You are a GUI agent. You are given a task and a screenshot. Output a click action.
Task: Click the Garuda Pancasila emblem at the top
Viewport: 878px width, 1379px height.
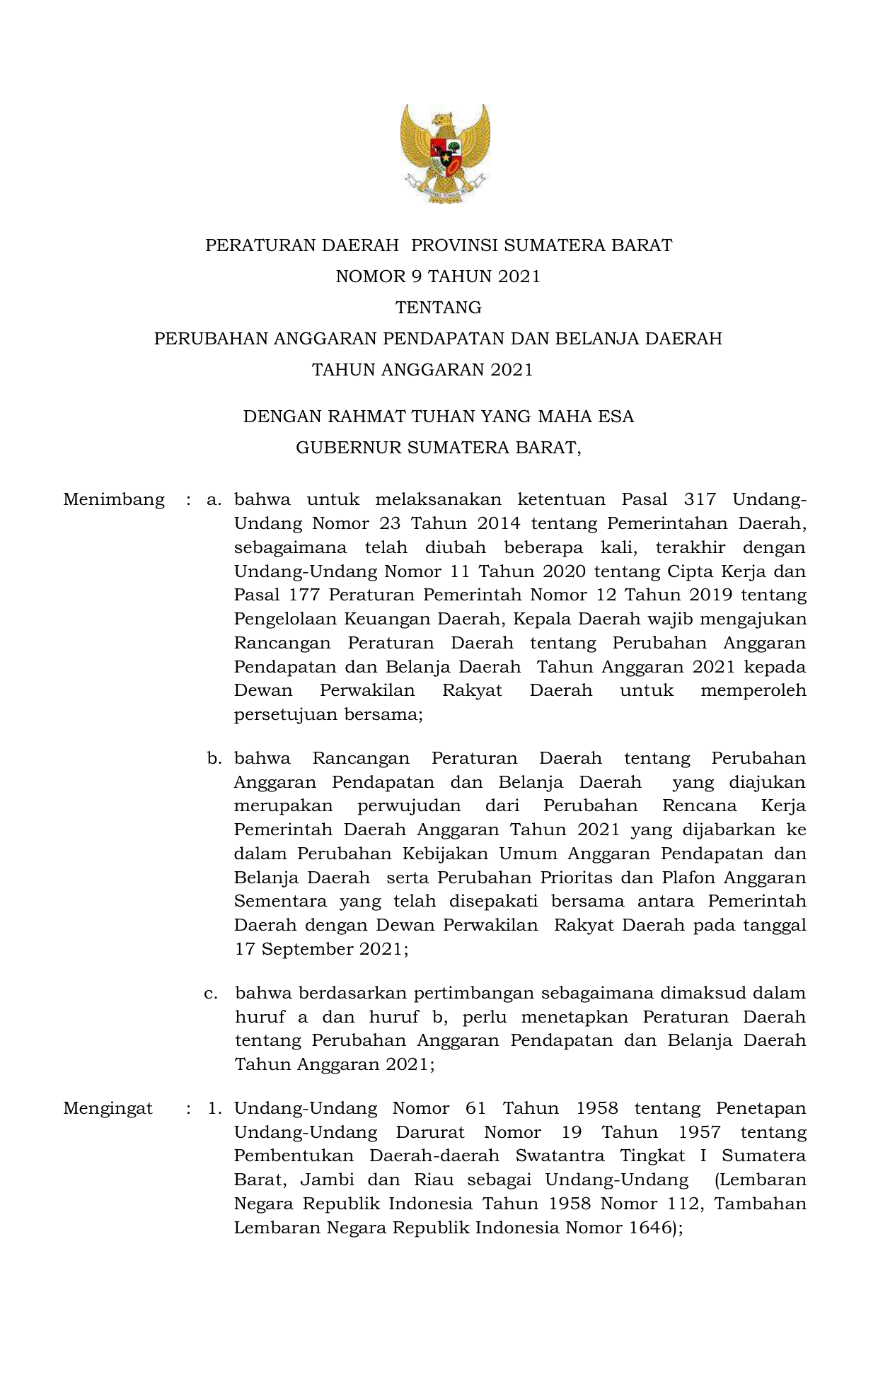tap(445, 153)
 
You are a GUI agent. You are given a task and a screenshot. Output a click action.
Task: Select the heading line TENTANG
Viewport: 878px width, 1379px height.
tap(439, 308)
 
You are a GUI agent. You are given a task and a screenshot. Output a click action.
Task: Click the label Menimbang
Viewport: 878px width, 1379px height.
tap(114, 500)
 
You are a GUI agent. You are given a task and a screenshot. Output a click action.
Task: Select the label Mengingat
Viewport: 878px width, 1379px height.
tap(108, 1108)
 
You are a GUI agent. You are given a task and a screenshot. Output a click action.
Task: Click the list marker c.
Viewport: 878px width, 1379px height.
tap(210, 994)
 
